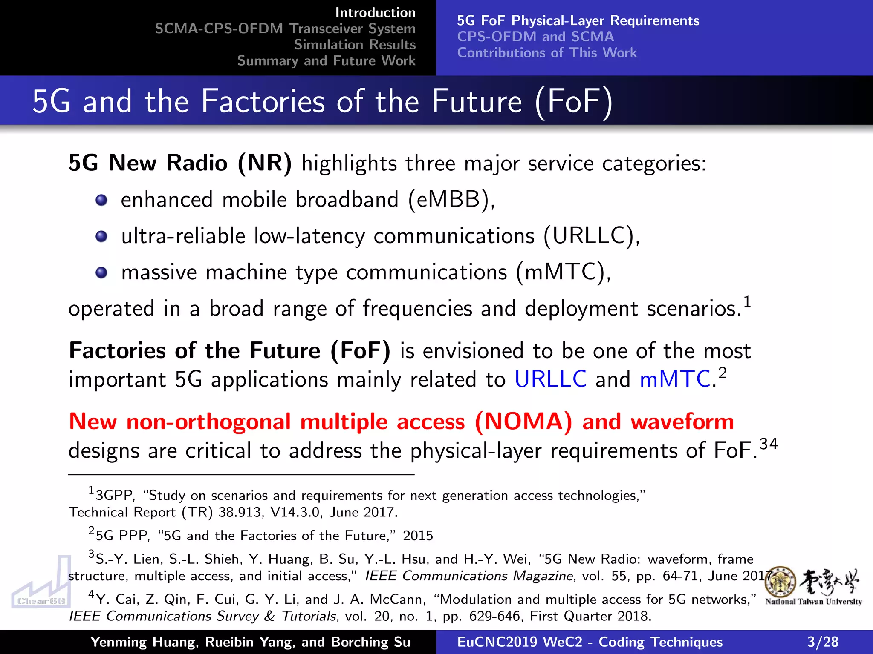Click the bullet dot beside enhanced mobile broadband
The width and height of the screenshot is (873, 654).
[x=101, y=200]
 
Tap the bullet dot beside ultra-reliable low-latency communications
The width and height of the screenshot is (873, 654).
[x=101, y=236]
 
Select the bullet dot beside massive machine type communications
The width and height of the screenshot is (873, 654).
[x=101, y=272]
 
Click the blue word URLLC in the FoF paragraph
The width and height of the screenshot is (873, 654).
[x=550, y=379]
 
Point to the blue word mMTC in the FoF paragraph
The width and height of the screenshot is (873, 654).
[x=674, y=379]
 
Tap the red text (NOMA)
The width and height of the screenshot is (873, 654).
[x=523, y=422]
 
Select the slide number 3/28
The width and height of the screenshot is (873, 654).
[x=822, y=642]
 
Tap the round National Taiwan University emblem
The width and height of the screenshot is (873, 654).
[x=780, y=582]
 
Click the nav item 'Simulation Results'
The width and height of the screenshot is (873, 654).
[x=354, y=45]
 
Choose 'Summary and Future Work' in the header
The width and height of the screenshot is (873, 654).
[x=326, y=61]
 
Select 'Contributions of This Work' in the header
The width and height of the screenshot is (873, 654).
[x=547, y=53]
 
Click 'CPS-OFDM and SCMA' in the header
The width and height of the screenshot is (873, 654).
[x=535, y=37]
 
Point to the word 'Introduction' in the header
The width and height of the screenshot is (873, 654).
[x=375, y=13]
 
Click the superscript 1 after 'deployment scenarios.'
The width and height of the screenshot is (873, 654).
[x=747, y=301]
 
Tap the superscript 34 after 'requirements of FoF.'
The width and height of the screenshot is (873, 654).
[x=769, y=444]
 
